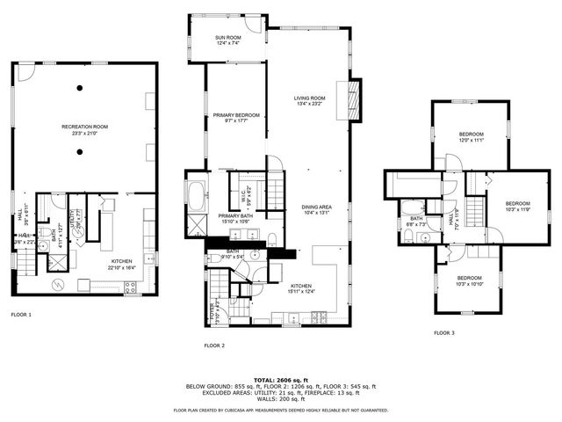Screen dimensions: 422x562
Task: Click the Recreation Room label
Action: click(83, 127)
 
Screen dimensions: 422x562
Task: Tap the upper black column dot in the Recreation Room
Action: click(80, 87)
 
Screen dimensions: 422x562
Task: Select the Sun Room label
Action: click(227, 38)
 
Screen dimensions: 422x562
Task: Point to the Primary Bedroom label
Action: click(234, 115)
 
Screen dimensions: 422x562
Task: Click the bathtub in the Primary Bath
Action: click(195, 193)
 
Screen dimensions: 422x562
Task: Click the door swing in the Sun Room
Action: click(254, 25)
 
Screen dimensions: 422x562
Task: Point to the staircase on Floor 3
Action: click(475, 212)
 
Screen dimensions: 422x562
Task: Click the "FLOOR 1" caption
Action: click(21, 314)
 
